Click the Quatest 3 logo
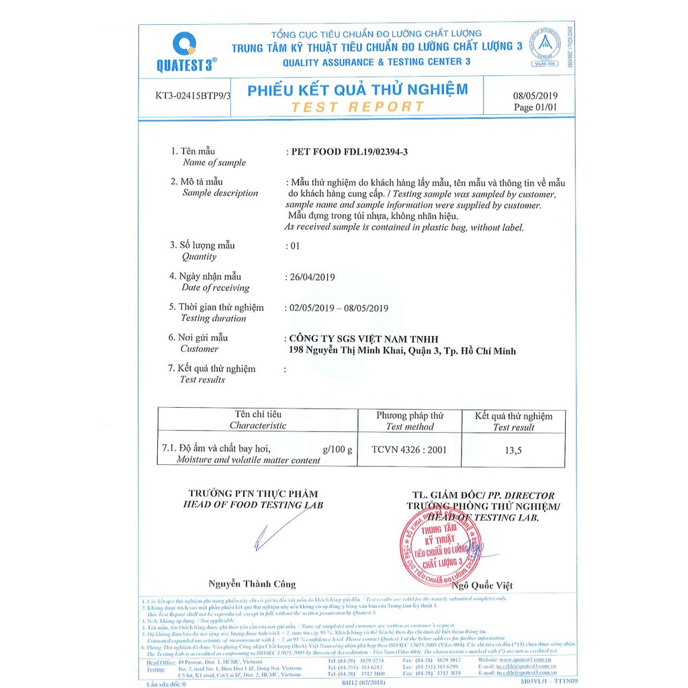click(184, 50)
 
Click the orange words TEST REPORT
click(357, 107)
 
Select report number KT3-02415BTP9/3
click(193, 95)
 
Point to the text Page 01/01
click(535, 107)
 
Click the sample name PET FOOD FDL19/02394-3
click(349, 152)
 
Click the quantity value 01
click(295, 245)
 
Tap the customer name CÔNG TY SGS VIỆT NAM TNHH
click(363, 339)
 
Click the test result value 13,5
click(514, 451)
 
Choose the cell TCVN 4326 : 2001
click(408, 449)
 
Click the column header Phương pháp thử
click(410, 415)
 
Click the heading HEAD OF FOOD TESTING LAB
click(253, 505)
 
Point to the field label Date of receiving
click(216, 288)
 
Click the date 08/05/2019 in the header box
click(535, 95)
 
